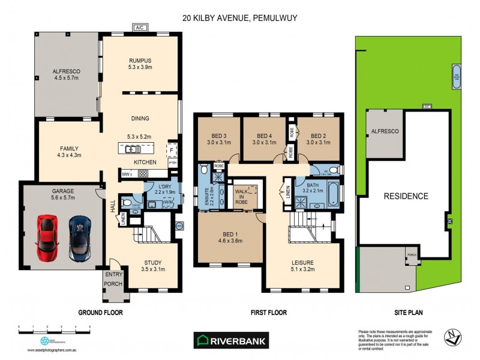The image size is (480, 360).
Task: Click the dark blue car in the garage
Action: [79, 238]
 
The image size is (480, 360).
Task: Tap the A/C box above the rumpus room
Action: [140, 27]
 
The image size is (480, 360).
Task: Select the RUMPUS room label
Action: [140, 60]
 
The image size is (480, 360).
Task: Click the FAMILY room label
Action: [69, 149]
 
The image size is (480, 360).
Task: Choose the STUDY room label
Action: [153, 262]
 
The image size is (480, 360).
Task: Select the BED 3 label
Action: [218, 135]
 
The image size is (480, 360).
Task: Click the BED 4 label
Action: [265, 135]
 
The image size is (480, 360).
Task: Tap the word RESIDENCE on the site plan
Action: [406, 196]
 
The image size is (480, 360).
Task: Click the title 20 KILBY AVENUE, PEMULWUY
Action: [241, 18]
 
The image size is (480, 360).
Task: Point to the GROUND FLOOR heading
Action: [101, 313]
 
